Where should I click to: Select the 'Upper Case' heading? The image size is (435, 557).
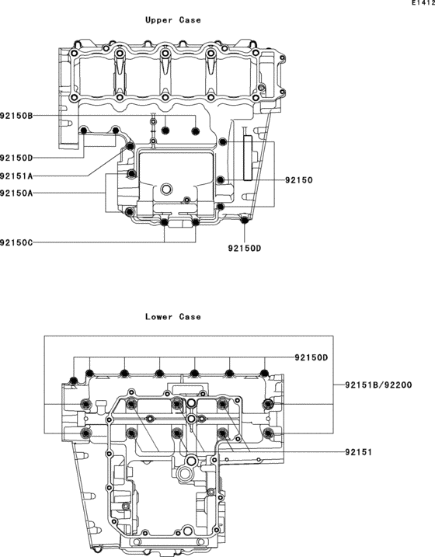click(x=172, y=19)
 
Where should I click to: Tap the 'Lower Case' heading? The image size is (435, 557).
click(x=172, y=317)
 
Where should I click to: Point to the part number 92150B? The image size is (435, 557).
click(x=16, y=116)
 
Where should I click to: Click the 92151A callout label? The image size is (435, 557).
click(x=16, y=176)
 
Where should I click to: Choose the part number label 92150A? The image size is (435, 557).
click(x=16, y=192)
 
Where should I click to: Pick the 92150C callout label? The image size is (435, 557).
click(x=16, y=242)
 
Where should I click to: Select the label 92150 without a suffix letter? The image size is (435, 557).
click(x=298, y=179)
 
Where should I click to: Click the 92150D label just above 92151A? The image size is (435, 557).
click(x=16, y=158)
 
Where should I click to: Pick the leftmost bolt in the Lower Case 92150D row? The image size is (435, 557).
click(x=74, y=380)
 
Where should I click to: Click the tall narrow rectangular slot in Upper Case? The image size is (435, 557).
click(x=248, y=158)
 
